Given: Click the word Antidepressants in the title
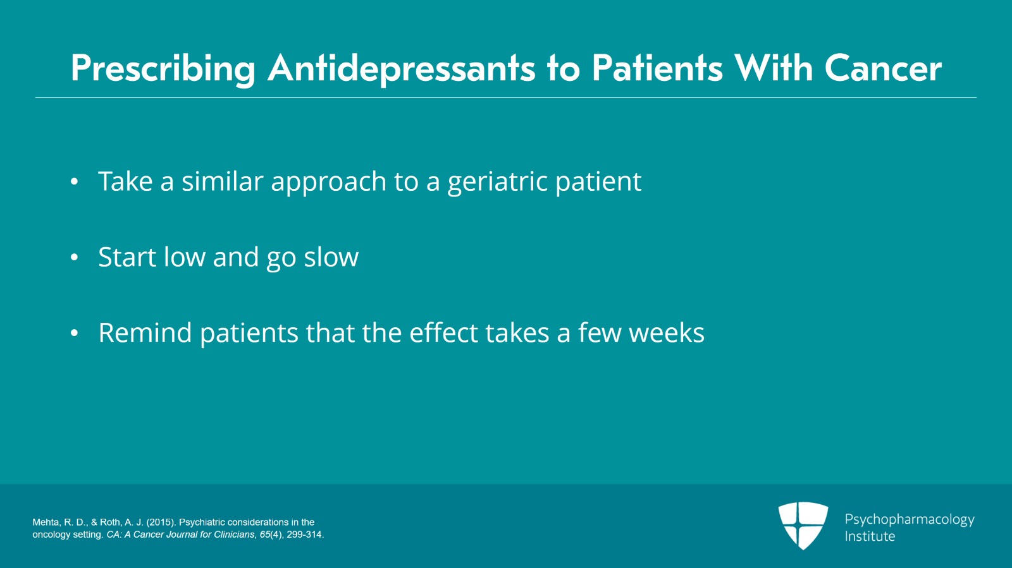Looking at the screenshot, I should pos(402,68).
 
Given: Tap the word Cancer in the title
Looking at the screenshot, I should pos(883,68).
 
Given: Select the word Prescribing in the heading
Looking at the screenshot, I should pos(163,68).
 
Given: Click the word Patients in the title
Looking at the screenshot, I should pos(657,68).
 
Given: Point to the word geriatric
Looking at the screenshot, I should pos(497,182).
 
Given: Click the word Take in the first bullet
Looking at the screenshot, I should pos(125,182).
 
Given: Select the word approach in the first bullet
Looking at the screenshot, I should pos(328,182).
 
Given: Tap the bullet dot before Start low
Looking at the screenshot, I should pos(74,258).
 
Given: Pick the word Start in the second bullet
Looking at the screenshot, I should pos(126,258).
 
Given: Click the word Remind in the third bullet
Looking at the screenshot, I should pos(145,333).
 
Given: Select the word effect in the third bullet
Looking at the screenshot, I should pos(443,333).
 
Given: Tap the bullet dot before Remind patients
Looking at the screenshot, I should pos(74,334).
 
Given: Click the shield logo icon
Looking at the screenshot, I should pos(803,525).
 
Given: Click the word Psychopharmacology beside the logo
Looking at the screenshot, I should pos(909,519).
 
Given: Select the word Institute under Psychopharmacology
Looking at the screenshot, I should pos(870,536).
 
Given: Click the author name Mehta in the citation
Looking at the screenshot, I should pos(46,523).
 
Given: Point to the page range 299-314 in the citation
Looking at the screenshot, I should pos(304,535).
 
